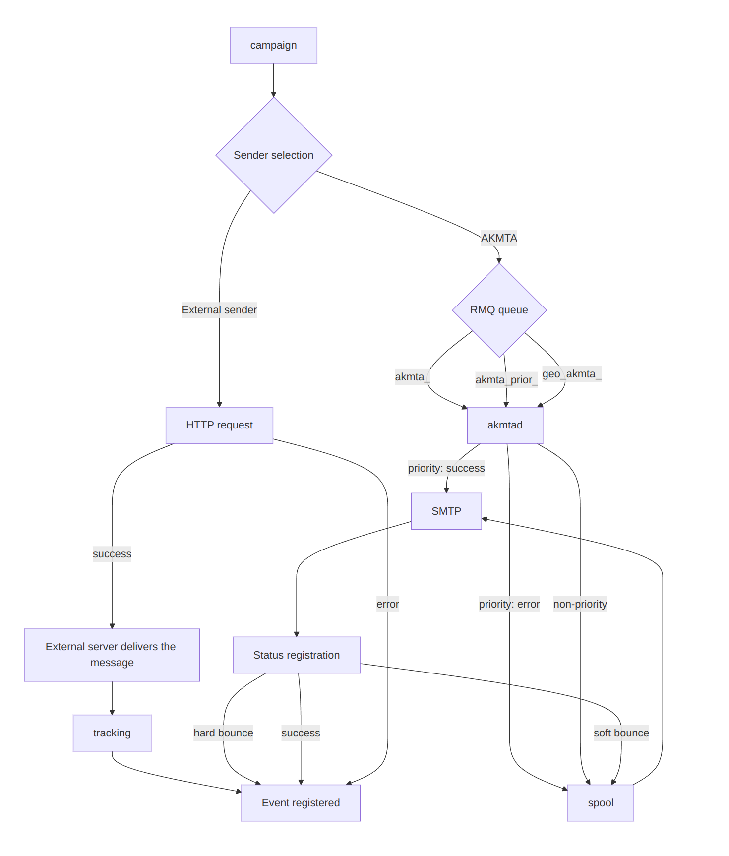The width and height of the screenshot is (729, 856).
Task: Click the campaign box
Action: point(273,45)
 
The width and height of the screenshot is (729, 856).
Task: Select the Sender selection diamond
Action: point(274,155)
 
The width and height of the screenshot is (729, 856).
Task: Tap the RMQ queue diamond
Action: point(499,310)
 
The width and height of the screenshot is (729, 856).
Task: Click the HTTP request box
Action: point(219,425)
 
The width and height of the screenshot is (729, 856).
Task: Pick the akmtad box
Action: point(505,425)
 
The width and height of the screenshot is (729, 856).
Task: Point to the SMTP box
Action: point(446,511)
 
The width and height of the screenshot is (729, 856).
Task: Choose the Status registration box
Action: point(297,655)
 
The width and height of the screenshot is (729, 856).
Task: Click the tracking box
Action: point(112,733)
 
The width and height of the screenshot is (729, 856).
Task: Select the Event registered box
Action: point(301,803)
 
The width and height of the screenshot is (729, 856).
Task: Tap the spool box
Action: point(601,803)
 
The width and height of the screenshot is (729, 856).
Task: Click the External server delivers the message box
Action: point(112,655)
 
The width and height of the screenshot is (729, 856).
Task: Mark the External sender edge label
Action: point(219,310)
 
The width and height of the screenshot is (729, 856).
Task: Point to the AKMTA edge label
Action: point(499,238)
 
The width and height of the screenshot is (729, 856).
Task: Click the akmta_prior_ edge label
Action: point(506,380)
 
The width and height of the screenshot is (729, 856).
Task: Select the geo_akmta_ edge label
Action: point(572,374)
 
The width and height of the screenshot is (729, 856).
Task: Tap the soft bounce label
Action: point(621,733)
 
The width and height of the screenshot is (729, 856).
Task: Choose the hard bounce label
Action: point(223,733)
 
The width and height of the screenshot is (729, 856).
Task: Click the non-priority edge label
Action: point(580,604)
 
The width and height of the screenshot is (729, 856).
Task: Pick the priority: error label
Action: point(509,604)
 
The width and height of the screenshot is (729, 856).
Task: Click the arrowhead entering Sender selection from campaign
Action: point(274,94)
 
